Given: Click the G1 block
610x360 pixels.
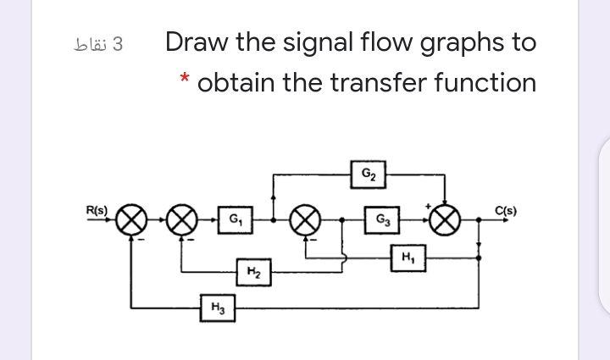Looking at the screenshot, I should point(228,220).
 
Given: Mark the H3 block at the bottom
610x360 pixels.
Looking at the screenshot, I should point(218,307).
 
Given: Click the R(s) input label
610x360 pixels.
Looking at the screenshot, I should point(98,208).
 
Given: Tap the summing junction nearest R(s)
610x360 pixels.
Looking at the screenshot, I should point(131,220).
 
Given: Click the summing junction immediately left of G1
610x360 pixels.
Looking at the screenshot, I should point(180,220).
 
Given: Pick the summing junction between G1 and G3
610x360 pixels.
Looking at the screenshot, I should point(304,220).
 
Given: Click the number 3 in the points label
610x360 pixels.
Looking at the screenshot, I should point(118,43).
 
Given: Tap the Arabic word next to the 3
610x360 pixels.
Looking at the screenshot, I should point(90,43).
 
